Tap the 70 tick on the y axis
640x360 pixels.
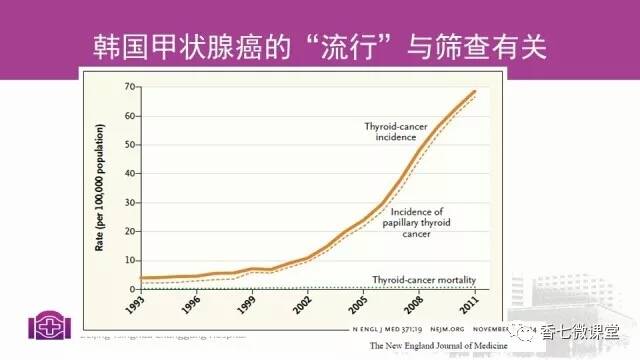click(130, 88)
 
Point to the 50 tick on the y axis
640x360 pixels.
click(130, 145)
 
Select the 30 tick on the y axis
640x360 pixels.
click(130, 203)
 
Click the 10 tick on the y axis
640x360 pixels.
click(130, 260)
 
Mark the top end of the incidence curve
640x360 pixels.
click(474, 91)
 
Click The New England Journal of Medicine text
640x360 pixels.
click(437, 345)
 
